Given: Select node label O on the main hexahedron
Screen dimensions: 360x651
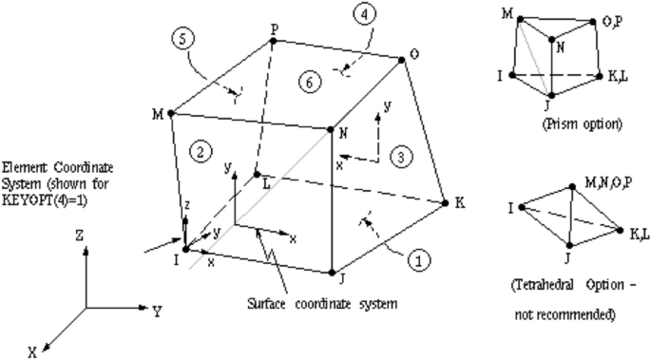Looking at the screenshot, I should click(x=415, y=55).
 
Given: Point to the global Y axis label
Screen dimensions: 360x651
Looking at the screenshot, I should click(x=156, y=310).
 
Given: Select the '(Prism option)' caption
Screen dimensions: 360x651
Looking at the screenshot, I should click(x=550, y=123).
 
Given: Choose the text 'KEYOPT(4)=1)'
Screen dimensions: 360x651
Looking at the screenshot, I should click(x=42, y=198).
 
